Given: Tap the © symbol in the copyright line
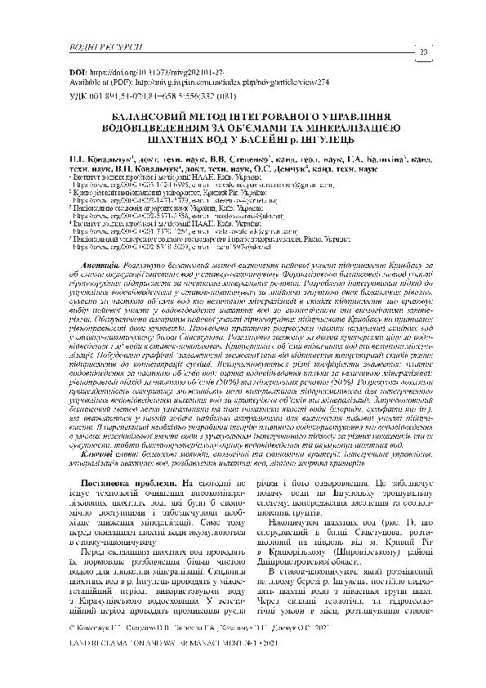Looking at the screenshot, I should [x=66, y=651].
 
